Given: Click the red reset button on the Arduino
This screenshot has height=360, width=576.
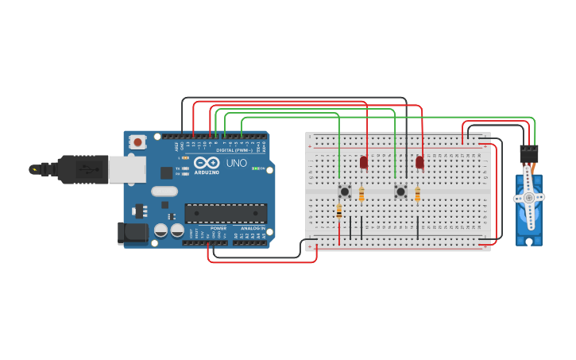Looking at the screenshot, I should (x=138, y=142).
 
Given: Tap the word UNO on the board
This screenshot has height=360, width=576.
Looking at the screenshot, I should (x=237, y=163).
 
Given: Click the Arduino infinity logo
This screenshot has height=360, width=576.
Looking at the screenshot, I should (x=206, y=163).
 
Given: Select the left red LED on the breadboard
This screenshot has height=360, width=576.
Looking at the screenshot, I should (x=364, y=162).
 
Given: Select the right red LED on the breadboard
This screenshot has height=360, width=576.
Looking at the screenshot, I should (x=419, y=162).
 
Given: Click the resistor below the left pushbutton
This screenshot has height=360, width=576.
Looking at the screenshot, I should (x=339, y=211).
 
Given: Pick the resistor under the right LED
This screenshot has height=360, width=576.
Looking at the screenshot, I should (x=418, y=194).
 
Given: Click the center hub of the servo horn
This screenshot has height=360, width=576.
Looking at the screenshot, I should (x=528, y=198).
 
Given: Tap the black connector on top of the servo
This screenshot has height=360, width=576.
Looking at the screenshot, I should (x=529, y=153).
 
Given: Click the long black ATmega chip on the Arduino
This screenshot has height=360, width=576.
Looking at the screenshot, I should (x=226, y=213).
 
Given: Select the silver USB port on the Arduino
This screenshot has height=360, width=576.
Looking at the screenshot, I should (x=126, y=168).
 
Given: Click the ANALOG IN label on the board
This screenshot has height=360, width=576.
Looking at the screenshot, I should (x=252, y=228).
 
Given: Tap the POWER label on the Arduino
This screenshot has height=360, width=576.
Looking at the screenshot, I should (x=218, y=228).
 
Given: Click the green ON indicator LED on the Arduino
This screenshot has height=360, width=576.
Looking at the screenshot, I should (x=255, y=168).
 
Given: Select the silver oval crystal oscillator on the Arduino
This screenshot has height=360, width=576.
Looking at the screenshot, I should (x=164, y=191).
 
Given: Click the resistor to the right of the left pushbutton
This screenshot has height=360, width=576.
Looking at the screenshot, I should (x=361, y=194).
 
